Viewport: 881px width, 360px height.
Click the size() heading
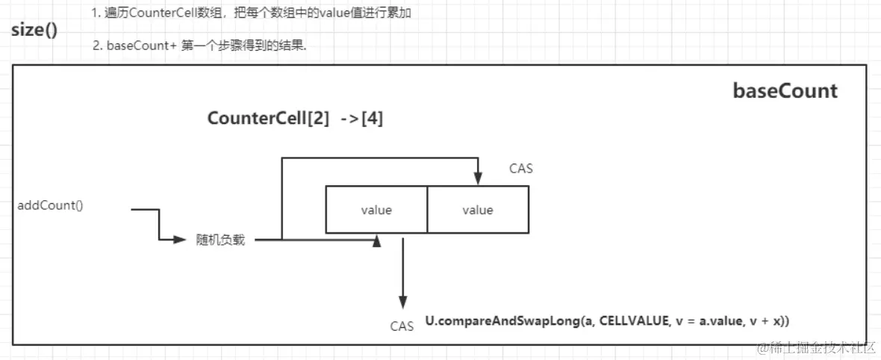click(34, 33)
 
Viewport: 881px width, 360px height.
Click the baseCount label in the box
click(785, 91)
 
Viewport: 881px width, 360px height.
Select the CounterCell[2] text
click(268, 119)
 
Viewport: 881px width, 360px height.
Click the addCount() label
click(50, 205)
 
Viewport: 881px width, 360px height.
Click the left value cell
click(376, 210)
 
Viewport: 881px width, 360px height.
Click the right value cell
click(478, 210)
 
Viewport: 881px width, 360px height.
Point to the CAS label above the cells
click(520, 169)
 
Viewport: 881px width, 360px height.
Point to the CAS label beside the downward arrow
click(402, 326)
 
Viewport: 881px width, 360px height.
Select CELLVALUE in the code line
click(632, 320)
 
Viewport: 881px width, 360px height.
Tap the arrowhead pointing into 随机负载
click(179, 240)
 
